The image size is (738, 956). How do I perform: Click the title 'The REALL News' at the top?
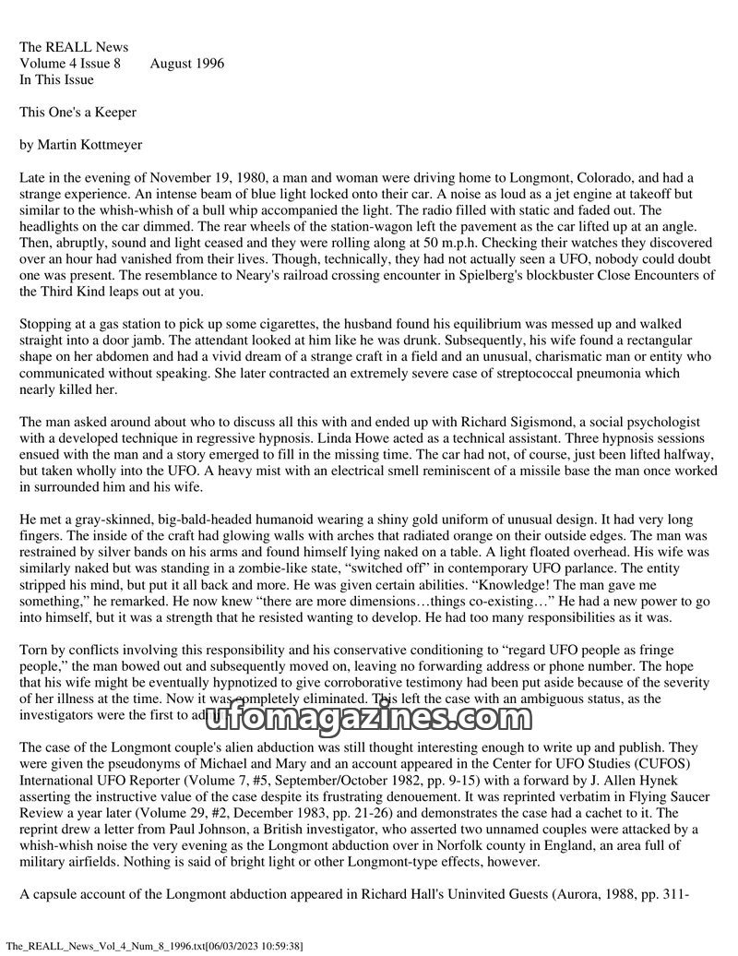[x=74, y=47]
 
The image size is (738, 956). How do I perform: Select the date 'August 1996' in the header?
[x=186, y=64]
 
